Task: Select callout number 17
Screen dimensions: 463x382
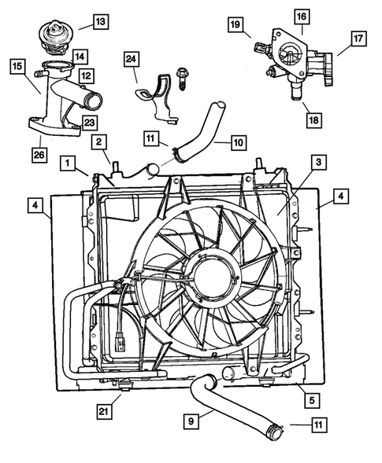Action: click(358, 38)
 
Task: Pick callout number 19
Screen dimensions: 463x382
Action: click(236, 27)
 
